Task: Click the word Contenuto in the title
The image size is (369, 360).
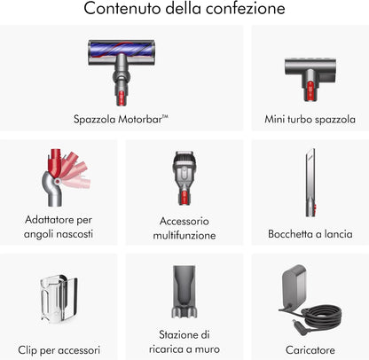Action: point(122,9)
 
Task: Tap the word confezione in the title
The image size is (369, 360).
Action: point(246,9)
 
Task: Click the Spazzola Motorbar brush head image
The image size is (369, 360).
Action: point(122,73)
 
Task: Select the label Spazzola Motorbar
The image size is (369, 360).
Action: point(121,120)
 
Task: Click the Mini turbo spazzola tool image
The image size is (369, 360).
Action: point(310,79)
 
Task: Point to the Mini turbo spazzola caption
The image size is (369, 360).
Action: point(310,120)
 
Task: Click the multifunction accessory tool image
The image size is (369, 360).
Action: point(184,178)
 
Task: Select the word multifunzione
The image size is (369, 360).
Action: point(184,236)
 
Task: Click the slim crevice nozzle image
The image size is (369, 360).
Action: point(310,183)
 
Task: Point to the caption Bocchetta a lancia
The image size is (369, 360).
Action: point(310,234)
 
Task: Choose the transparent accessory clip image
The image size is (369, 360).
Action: point(59,299)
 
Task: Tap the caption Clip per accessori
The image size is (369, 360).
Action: point(59,350)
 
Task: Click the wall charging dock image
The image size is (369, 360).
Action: point(184,292)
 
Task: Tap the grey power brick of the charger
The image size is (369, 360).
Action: point(294,286)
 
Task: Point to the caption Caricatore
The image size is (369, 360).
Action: point(310,350)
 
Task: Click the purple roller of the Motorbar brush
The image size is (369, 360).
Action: point(122,49)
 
